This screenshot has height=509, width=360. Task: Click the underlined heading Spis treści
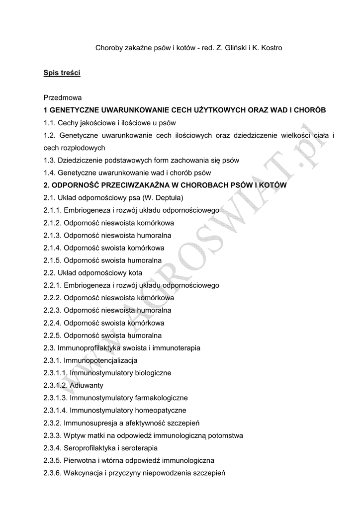coord(62,73)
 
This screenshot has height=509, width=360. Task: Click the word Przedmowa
coord(62,98)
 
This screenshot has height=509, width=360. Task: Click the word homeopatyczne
coord(158,410)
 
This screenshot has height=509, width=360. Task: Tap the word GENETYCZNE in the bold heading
coord(74,110)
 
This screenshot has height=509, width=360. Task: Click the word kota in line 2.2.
coord(134,273)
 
